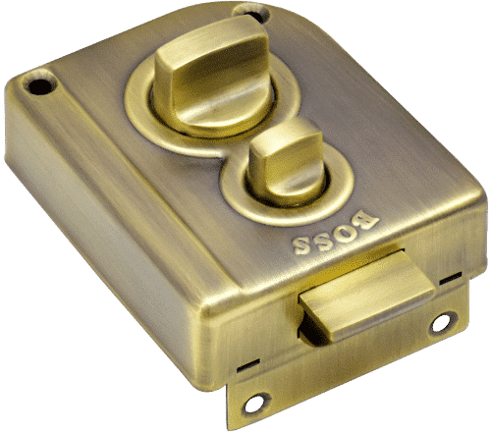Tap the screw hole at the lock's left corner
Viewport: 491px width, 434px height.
click(x=39, y=86)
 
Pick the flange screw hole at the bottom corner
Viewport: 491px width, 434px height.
click(x=257, y=402)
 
